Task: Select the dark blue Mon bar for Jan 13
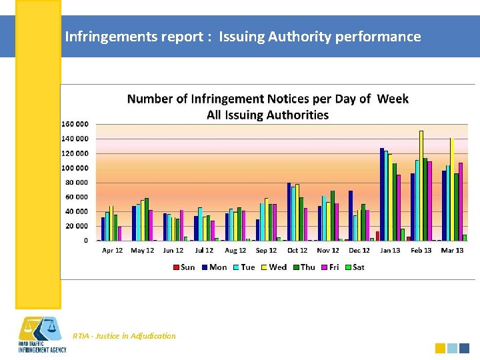[382, 194]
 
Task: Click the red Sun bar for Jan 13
[377, 236]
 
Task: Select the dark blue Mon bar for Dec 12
[351, 215]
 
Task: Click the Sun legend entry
[184, 267]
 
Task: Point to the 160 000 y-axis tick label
[75, 124]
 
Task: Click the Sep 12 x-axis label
[266, 251]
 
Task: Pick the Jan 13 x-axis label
[390, 251]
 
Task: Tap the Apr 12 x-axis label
[112, 251]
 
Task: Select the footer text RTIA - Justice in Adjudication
[124, 336]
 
